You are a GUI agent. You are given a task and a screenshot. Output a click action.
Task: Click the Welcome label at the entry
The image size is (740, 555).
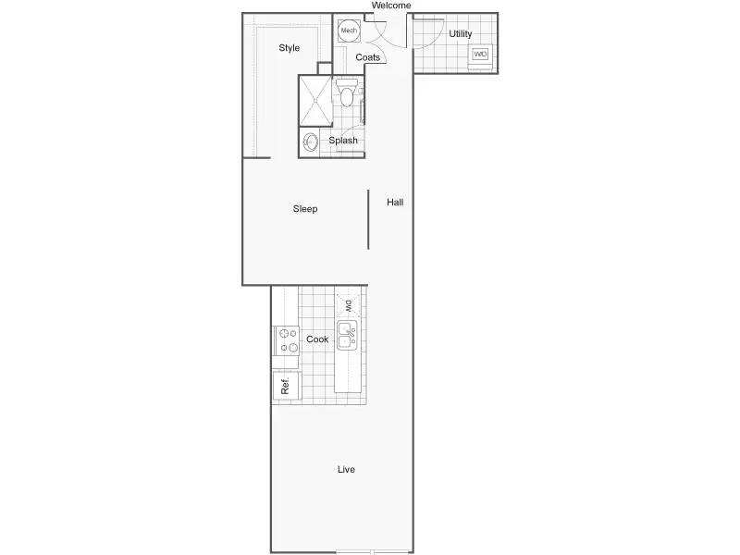[390, 6]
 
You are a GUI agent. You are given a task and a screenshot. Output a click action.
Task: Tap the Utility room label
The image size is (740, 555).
[460, 33]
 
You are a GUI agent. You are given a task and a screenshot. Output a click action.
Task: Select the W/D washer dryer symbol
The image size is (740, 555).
[480, 55]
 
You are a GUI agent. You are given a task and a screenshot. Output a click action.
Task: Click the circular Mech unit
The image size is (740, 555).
[349, 31]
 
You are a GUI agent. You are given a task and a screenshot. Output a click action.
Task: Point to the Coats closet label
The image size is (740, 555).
[367, 57]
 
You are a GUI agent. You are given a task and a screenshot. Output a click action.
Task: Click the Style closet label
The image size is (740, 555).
[289, 48]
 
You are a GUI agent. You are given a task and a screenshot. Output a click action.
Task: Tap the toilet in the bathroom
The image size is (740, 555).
[347, 93]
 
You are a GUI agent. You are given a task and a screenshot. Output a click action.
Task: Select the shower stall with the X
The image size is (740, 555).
[315, 101]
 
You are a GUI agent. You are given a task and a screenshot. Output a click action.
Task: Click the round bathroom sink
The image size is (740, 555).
[310, 142]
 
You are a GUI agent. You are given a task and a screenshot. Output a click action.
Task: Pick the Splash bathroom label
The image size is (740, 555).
[343, 141]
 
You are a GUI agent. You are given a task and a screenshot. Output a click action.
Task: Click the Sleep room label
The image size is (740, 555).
[305, 209]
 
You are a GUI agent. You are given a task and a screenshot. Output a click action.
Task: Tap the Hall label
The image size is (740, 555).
[395, 202]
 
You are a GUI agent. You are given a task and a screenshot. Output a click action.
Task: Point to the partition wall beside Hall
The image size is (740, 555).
[368, 219]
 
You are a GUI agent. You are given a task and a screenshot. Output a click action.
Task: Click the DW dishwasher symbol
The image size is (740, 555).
[349, 306]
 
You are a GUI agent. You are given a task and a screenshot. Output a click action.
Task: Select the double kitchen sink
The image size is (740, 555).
[348, 336]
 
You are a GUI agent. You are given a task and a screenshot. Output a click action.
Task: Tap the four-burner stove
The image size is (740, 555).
[287, 340]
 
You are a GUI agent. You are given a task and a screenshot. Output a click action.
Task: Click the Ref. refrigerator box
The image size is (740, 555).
[287, 386]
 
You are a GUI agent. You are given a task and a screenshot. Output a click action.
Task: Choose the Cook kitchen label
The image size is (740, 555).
[317, 339]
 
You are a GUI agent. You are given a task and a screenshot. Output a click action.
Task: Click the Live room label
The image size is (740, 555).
[346, 469]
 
